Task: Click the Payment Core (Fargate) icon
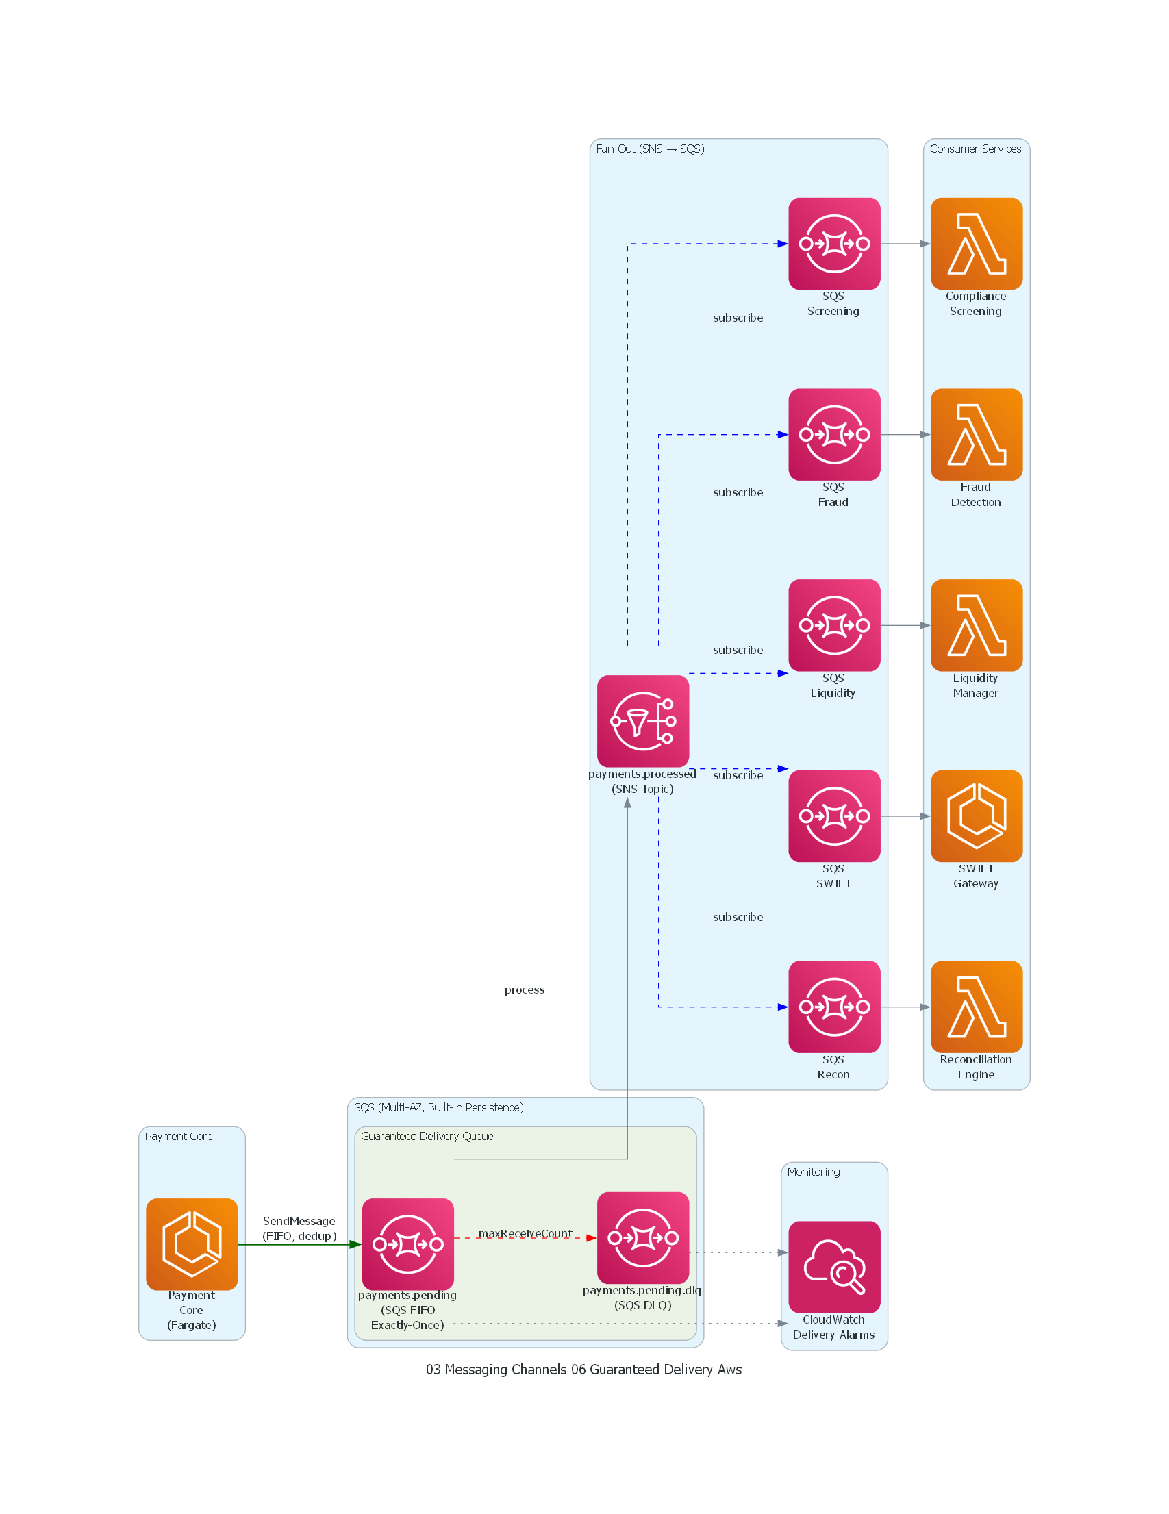(191, 1244)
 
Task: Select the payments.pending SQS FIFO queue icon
(407, 1244)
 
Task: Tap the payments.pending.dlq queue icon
(643, 1237)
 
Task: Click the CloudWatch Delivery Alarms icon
(834, 1267)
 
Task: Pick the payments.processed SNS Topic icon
(643, 721)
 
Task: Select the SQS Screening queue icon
(834, 243)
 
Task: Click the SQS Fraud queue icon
(834, 434)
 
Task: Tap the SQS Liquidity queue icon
(834, 624)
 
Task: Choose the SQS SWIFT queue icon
(834, 816)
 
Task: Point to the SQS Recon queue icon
(834, 1006)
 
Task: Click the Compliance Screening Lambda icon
(977, 243)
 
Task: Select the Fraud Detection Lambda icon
(977, 434)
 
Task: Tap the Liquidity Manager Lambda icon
(977, 624)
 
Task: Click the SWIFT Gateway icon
(977, 816)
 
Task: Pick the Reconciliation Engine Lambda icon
(977, 1006)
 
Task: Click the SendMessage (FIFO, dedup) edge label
(299, 1228)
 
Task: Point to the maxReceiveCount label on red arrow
(525, 1233)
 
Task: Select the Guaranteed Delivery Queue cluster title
(427, 1136)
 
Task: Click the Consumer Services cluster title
(975, 149)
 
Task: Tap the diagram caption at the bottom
(583, 1369)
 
